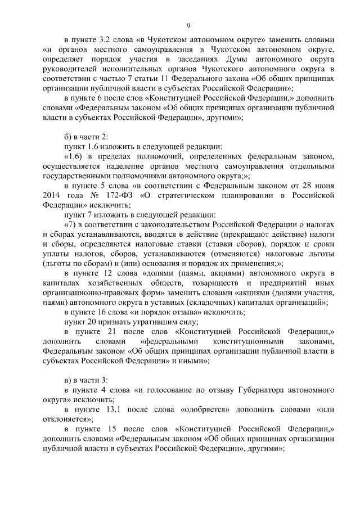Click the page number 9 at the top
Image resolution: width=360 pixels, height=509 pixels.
[188, 25]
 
